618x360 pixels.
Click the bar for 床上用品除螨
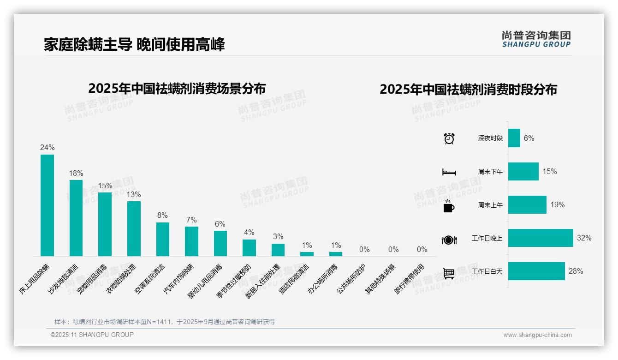point(47,205)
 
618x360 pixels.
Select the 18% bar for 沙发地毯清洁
point(76,218)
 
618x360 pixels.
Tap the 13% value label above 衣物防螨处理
point(134,195)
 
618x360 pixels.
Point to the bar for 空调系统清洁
point(162,239)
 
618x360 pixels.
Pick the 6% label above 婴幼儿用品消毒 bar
point(220,224)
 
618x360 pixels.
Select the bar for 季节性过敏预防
point(249,247)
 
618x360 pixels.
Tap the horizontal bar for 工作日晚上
point(541,238)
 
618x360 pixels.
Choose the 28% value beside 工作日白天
point(576,271)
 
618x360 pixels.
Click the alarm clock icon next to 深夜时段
point(449,138)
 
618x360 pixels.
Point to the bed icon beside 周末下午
point(449,172)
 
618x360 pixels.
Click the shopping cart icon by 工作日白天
point(449,273)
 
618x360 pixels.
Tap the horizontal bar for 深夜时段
point(514,138)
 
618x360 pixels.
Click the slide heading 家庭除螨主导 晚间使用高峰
point(134,45)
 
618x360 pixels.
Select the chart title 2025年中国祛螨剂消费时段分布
point(468,90)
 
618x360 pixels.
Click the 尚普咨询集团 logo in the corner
point(536,39)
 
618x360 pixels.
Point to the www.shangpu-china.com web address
point(537,335)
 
